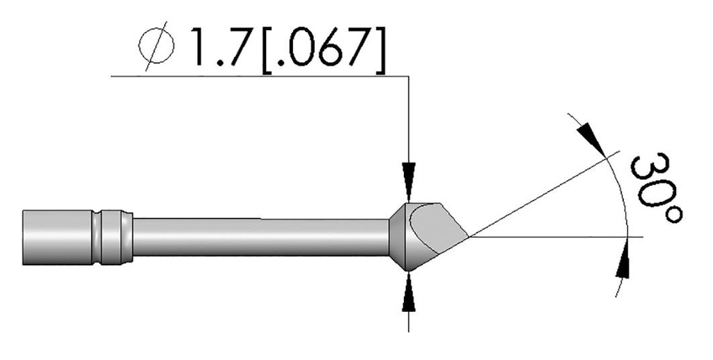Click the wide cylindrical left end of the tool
(56, 237)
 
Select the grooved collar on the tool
(111, 237)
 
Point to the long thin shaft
(258, 237)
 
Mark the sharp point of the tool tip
(469, 237)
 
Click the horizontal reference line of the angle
(557, 237)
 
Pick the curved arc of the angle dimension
(625, 202)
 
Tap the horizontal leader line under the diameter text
(258, 76)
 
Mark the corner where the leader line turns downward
(409, 76)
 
